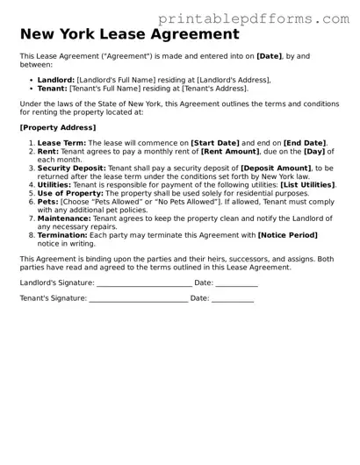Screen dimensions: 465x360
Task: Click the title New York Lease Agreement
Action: click(129, 35)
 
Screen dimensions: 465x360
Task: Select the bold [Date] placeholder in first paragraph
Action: click(269, 56)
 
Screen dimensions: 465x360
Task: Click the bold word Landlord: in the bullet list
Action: click(56, 80)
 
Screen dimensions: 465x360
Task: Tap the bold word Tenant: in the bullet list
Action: click(53, 89)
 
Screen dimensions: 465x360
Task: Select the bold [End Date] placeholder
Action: click(304, 143)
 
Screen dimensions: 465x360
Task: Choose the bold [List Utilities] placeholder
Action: click(307, 185)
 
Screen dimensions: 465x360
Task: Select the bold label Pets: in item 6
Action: click(47, 202)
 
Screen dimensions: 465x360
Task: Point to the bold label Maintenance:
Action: click(64, 218)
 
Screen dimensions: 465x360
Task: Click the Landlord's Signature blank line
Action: click(143, 283)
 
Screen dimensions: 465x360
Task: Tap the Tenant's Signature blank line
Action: click(138, 299)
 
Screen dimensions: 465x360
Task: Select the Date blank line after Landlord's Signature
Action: click(236, 283)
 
